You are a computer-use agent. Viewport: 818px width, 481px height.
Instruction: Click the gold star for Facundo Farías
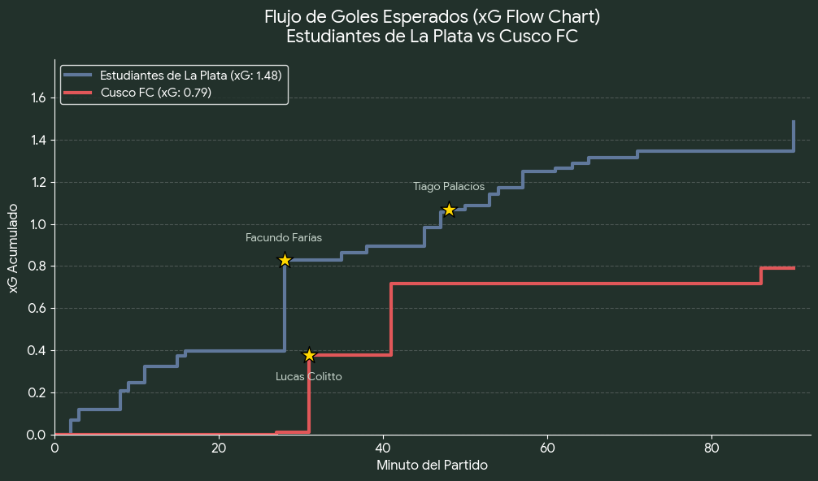pyautogui.click(x=285, y=260)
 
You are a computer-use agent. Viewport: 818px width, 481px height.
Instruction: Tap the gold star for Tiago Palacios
pyautogui.click(x=449, y=210)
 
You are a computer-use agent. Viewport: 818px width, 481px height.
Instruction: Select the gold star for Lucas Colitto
pyautogui.click(x=309, y=355)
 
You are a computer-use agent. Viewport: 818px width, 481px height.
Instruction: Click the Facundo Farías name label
pyautogui.click(x=284, y=238)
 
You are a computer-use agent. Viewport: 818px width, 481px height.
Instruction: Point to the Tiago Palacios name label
pyautogui.click(x=449, y=187)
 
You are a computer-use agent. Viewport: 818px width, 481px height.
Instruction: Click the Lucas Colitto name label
pyautogui.click(x=309, y=377)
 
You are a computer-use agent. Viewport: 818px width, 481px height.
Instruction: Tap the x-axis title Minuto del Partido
pyautogui.click(x=432, y=466)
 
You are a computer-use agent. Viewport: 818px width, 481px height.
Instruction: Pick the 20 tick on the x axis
pyautogui.click(x=219, y=448)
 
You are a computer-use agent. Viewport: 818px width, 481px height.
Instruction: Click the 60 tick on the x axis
pyautogui.click(x=547, y=448)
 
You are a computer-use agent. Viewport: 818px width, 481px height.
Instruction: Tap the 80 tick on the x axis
pyautogui.click(x=711, y=448)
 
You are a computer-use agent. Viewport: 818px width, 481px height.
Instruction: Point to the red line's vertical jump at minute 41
pyautogui.click(x=391, y=319)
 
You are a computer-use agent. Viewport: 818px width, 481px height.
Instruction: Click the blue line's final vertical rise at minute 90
pyautogui.click(x=794, y=136)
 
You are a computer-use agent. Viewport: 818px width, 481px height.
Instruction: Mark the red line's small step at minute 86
pyautogui.click(x=761, y=275)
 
